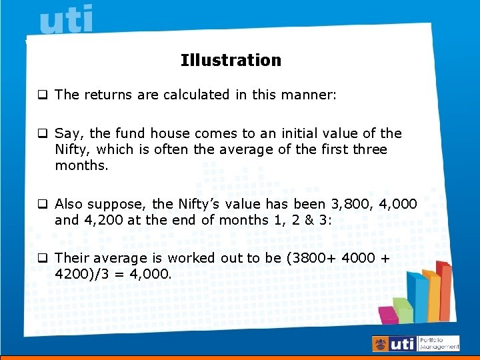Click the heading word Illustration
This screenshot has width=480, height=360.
(x=231, y=60)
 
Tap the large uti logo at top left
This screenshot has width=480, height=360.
(x=67, y=21)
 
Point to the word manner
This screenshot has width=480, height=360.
(x=309, y=95)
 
